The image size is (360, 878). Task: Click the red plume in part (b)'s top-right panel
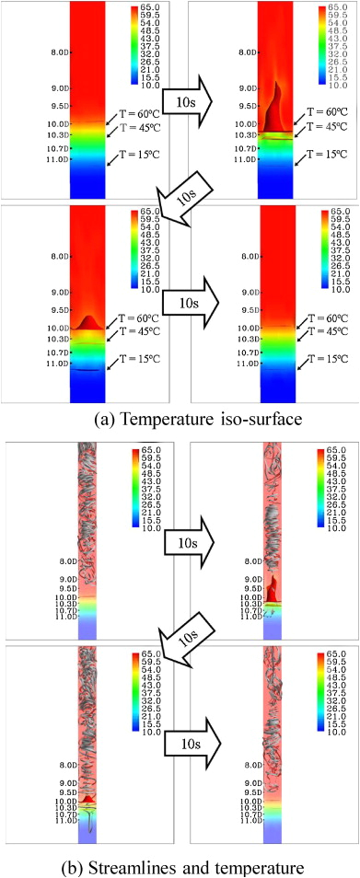276,588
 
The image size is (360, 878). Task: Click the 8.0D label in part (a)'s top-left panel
57,52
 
